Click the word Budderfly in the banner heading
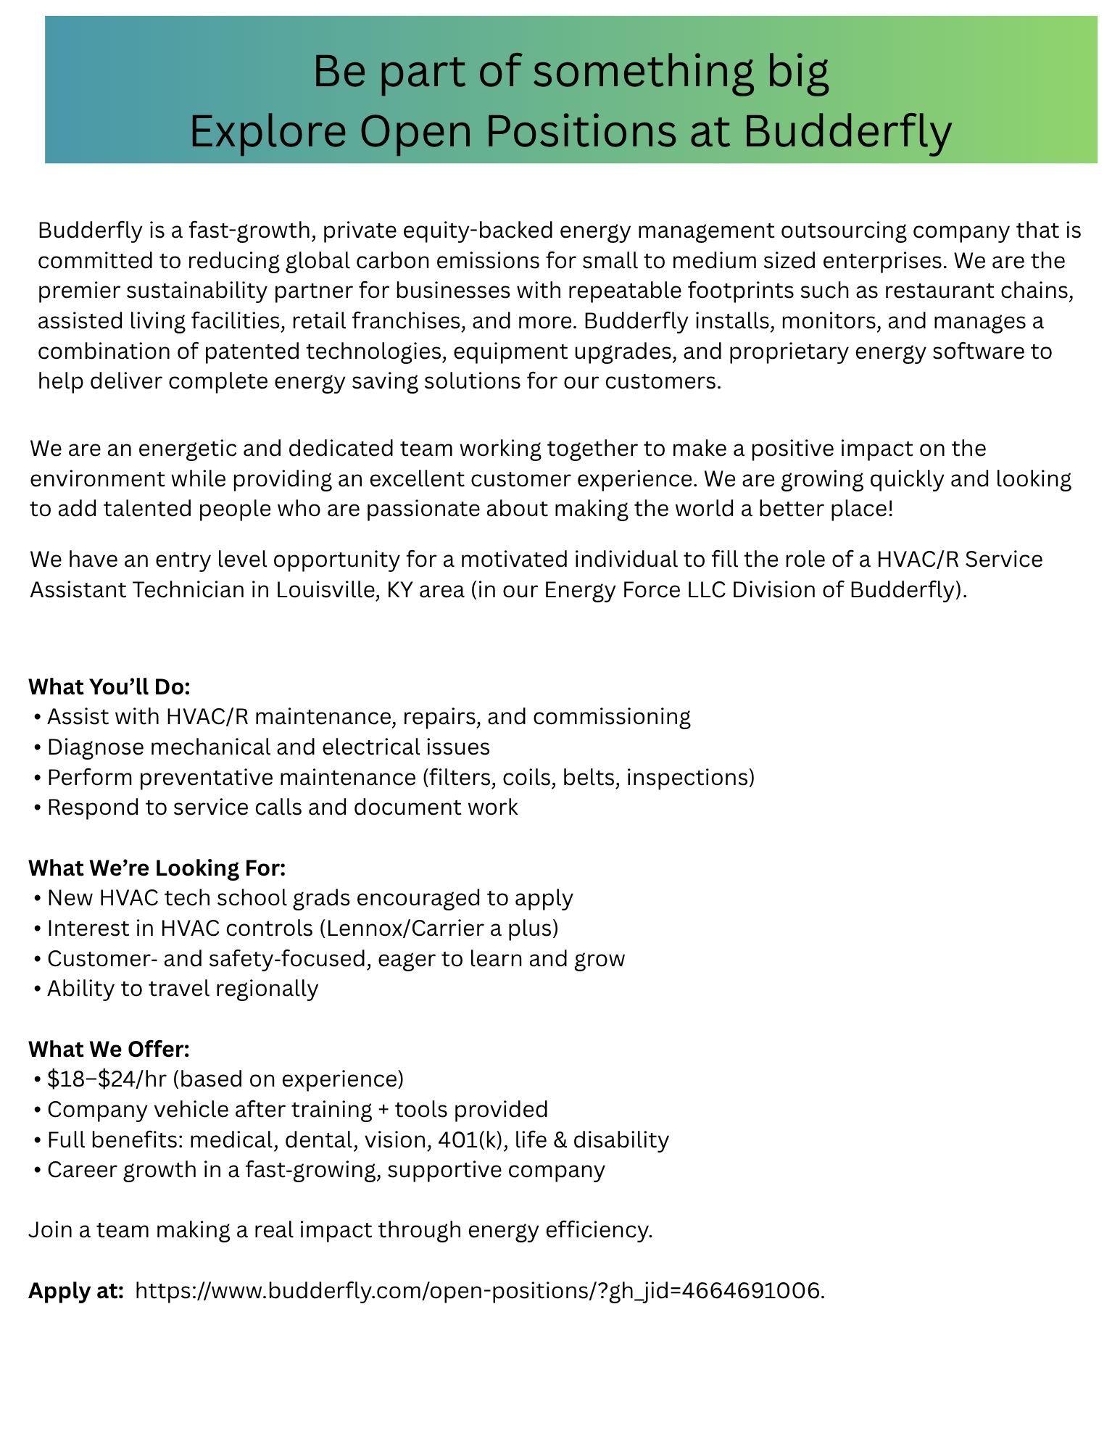click(847, 131)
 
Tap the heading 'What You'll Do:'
click(109, 686)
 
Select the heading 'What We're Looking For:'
click(157, 867)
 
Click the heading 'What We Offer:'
click(109, 1048)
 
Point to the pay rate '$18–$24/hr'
click(107, 1079)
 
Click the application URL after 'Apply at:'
click(479, 1290)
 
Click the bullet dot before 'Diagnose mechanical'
click(36, 747)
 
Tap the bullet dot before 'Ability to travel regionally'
click(36, 989)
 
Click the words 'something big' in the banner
click(680, 71)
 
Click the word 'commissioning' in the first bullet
click(611, 716)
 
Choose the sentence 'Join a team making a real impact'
click(341, 1229)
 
